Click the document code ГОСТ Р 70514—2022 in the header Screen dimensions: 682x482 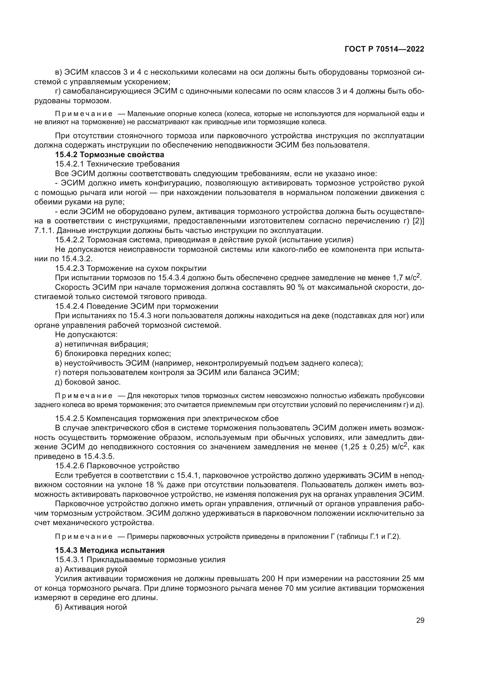[x=384, y=49]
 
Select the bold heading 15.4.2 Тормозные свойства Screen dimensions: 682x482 [x=110, y=155]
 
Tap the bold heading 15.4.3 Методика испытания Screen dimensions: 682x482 [x=110, y=550]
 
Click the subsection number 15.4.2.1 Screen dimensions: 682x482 [x=70, y=164]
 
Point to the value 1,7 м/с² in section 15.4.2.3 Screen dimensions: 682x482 [x=406, y=278]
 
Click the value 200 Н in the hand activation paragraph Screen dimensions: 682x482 [x=272, y=578]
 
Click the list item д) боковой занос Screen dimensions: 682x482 [x=88, y=382]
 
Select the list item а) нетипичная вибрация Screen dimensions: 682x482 [x=101, y=344]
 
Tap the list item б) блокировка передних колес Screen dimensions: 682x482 [x=113, y=353]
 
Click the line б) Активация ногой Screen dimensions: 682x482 [x=91, y=607]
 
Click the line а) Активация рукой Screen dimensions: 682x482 [x=91, y=569]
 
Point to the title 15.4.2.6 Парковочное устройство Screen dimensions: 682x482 [x=117, y=466]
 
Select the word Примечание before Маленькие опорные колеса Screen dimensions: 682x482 [x=84, y=114]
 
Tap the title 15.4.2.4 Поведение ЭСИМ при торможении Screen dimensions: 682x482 [x=136, y=306]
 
